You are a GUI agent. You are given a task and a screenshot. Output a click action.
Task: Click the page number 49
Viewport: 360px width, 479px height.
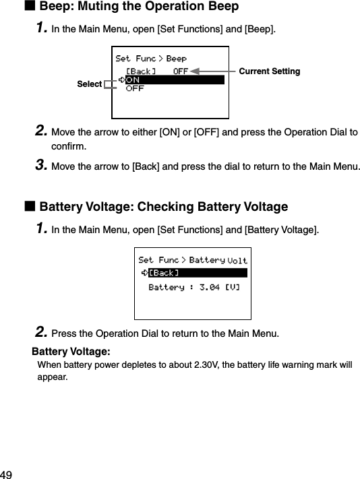7,474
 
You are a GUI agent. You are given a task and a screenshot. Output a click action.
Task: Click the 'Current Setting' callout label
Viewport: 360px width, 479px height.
270,71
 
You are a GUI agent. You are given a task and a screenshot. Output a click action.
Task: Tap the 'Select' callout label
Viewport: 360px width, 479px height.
90,84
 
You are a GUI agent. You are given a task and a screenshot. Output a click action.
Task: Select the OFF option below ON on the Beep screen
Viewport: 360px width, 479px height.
135,89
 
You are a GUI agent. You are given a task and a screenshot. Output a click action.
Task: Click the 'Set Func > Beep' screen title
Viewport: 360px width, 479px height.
151,59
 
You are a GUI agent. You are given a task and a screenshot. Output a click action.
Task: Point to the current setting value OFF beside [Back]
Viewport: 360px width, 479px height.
181,71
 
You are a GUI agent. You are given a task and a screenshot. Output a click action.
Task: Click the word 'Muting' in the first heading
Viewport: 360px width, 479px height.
93,7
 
